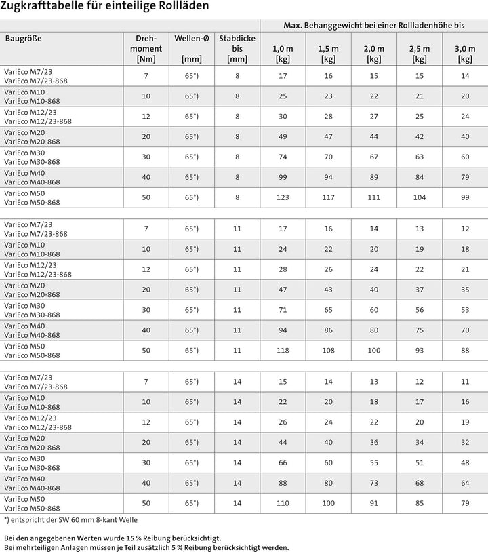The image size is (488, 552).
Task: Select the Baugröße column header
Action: [24, 38]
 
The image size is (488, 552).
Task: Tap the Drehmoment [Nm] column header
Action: [146, 49]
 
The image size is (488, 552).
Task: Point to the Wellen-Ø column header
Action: [192, 38]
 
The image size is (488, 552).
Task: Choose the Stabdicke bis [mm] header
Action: [237, 49]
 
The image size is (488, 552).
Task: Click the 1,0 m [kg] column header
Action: [283, 54]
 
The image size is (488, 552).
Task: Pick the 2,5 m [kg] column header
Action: [420, 54]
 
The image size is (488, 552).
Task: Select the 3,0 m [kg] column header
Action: [465, 54]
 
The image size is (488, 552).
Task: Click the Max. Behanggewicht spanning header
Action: [373, 25]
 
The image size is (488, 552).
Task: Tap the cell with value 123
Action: [283, 197]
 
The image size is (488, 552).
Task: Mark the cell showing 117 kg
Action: [328, 197]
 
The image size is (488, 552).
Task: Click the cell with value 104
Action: [420, 197]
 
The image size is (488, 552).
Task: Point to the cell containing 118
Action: [283, 351]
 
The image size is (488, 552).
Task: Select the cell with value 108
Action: [328, 351]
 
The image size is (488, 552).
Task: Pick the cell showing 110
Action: [283, 503]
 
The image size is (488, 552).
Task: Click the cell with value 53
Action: [465, 310]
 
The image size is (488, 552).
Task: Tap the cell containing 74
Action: [283, 157]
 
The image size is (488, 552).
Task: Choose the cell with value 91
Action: [373, 503]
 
